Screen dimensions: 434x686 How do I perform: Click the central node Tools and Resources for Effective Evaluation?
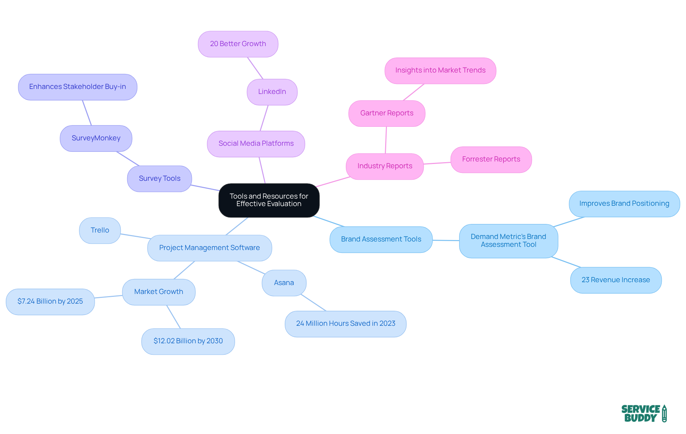pyautogui.click(x=269, y=200)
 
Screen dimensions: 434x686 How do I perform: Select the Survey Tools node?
pyautogui.click(x=159, y=179)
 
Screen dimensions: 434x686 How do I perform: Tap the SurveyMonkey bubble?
pyautogui.click(x=96, y=138)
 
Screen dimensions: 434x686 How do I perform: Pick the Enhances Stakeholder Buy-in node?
pyautogui.click(x=78, y=87)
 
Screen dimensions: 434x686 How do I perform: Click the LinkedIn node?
pyautogui.click(x=272, y=92)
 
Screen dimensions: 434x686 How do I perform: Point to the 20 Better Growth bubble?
pyautogui.click(x=238, y=44)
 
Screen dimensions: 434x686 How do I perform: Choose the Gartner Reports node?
pyautogui.click(x=387, y=113)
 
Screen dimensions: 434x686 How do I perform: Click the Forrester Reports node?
pyautogui.click(x=491, y=159)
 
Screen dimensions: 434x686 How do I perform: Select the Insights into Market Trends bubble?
pyautogui.click(x=440, y=70)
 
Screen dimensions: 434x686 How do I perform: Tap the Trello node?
pyautogui.click(x=100, y=230)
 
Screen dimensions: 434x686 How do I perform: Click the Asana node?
pyautogui.click(x=284, y=283)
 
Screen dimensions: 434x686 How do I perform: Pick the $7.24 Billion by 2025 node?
pyautogui.click(x=50, y=301)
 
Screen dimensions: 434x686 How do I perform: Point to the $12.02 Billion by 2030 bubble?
pyautogui.click(x=188, y=341)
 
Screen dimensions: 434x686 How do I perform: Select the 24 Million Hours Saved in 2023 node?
pyautogui.click(x=346, y=324)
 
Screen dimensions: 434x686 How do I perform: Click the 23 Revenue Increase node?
pyautogui.click(x=616, y=280)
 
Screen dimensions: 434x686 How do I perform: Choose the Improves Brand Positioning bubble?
pyautogui.click(x=624, y=204)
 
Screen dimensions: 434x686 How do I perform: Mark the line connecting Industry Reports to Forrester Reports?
pyautogui.click(x=437, y=163)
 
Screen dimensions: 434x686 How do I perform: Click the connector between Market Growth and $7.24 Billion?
pyautogui.click(x=109, y=296)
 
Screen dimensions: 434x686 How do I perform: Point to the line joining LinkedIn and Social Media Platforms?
pyautogui.click(x=264, y=118)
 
